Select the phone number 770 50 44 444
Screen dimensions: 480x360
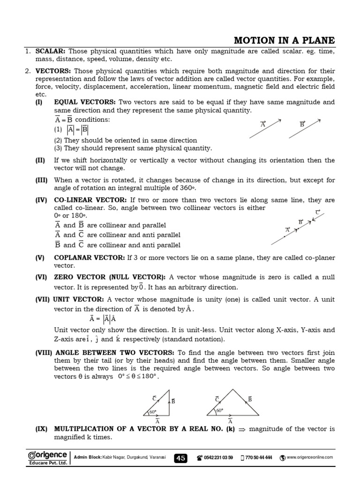259,458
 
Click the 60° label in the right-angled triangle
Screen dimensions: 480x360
153,412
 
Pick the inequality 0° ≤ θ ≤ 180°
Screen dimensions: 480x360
138,376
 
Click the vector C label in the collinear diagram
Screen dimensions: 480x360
317,212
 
